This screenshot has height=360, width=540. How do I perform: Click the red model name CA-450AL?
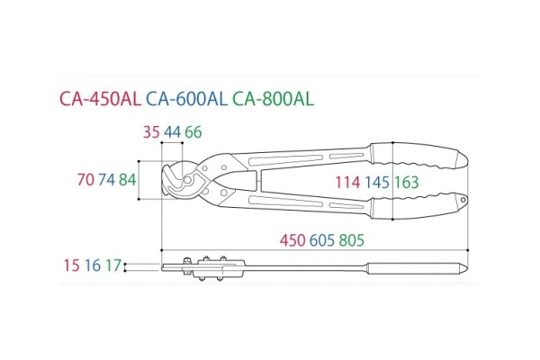coord(100,99)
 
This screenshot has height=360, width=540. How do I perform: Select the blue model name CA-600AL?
coord(186,99)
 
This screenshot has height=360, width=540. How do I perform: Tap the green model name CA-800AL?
coord(273,99)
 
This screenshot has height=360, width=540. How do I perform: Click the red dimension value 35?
coord(151,132)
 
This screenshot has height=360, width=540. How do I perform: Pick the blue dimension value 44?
coord(172,132)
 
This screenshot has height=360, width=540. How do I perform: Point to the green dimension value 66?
coord(193,132)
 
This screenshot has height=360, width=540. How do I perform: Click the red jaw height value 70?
coord(85,180)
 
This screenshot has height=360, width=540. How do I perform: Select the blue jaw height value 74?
coord(107,180)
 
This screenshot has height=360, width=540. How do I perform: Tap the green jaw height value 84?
coord(128,180)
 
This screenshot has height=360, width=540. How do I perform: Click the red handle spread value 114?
coord(347,182)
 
